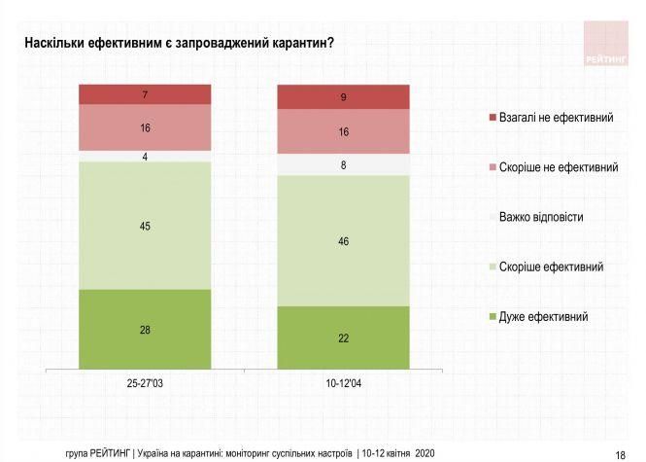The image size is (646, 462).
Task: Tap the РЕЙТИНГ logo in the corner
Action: [607, 44]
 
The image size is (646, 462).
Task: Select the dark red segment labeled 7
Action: [145, 94]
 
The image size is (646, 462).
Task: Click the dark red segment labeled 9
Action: [343, 97]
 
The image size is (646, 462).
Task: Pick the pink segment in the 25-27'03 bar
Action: [145, 127]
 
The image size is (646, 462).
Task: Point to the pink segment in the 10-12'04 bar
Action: [343, 131]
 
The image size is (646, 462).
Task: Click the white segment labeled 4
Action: [145, 156]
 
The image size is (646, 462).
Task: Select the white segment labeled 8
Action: [343, 165]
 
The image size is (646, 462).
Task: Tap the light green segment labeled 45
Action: [145, 226]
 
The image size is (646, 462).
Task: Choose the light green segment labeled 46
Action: [343, 240]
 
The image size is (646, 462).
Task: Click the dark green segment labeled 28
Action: [145, 330]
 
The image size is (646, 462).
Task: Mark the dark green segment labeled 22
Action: [343, 338]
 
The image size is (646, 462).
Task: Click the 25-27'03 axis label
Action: [145, 384]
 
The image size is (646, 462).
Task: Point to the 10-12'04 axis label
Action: [343, 384]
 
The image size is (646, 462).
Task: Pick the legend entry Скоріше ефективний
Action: [552, 267]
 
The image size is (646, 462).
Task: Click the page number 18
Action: [620, 453]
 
